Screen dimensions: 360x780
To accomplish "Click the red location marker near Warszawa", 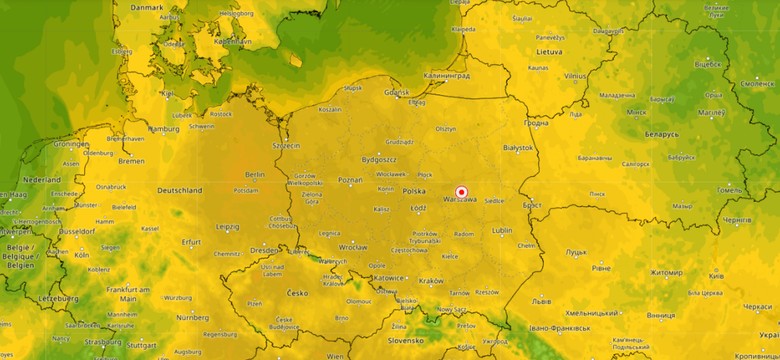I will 462,192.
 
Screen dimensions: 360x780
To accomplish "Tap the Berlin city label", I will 254,173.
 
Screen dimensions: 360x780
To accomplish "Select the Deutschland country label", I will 180,190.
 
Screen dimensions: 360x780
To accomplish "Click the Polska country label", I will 414,190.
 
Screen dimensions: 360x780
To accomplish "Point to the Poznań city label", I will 350,180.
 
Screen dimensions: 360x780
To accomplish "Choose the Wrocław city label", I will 353,246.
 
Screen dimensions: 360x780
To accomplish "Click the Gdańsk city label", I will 397,92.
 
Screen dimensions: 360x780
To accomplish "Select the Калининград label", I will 447,75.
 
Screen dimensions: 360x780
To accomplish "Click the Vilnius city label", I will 574,76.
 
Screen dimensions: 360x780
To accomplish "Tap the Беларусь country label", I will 661,133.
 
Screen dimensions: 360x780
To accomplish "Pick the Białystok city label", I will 518,147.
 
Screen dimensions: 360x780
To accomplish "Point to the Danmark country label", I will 146,7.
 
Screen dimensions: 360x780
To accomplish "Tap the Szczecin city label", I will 286,145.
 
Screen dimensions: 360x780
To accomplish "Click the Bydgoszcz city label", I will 380,159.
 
